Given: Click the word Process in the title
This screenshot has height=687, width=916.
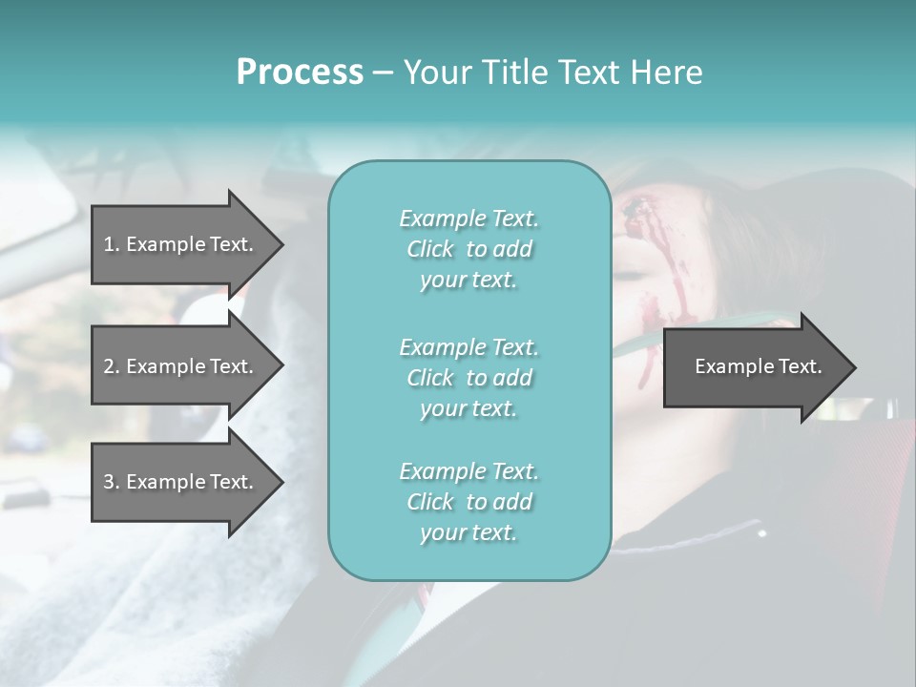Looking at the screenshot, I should coord(300,73).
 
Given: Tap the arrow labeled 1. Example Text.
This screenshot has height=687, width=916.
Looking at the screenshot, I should coord(179,244).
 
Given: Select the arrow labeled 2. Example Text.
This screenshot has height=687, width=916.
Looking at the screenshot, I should coord(179,366).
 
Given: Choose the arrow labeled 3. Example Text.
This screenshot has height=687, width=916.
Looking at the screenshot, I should coord(179,482).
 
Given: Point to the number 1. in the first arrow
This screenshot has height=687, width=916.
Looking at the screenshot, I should coord(112,244).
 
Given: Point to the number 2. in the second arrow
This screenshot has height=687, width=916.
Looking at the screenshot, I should coord(112,366).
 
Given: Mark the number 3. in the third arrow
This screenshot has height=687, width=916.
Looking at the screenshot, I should coord(112,482).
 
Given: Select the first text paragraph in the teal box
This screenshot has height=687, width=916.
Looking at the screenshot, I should coord(468,249).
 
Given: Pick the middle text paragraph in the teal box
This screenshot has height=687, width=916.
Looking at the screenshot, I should coord(468,378).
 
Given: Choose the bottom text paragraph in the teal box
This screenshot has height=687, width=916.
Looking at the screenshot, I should coord(468,502).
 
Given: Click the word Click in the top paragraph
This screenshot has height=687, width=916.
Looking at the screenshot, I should coord(430,249).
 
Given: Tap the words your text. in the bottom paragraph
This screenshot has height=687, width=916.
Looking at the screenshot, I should coord(468,532).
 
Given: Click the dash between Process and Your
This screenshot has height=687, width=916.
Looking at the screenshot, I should coord(384,73).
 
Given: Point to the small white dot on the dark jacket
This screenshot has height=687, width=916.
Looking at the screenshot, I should coord(761,533).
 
